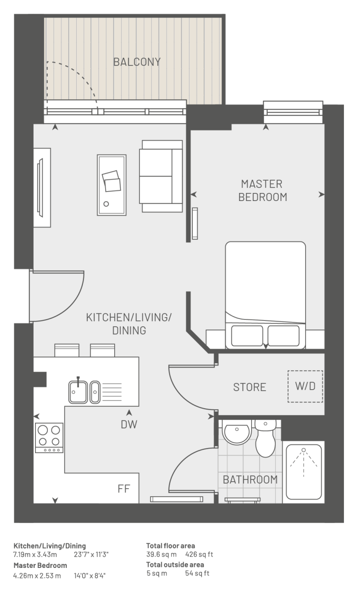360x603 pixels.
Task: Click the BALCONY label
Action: pyautogui.click(x=137, y=62)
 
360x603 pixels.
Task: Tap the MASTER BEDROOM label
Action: pyautogui.click(x=262, y=191)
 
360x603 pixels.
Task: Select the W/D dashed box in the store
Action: pyautogui.click(x=305, y=386)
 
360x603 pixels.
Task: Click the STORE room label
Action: pyautogui.click(x=250, y=387)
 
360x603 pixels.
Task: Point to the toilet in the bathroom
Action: pyautogui.click(x=265, y=438)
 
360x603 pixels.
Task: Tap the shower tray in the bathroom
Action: pyautogui.click(x=304, y=472)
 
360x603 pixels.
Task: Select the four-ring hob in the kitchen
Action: pyautogui.click(x=49, y=438)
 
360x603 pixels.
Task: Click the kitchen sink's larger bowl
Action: pyautogui.click(x=78, y=392)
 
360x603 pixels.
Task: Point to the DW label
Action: pyautogui.click(x=129, y=425)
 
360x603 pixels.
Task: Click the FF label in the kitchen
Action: pyautogui.click(x=124, y=489)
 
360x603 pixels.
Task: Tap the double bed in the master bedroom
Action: pyautogui.click(x=265, y=295)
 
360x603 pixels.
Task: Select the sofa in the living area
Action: pyautogui.click(x=161, y=176)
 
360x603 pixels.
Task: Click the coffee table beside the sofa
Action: pyautogui.click(x=112, y=185)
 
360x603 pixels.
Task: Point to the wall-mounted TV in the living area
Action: pyautogui.click(x=40, y=188)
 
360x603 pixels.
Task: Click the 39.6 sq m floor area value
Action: pyautogui.click(x=162, y=554)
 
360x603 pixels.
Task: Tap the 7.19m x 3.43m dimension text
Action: pyautogui.click(x=35, y=555)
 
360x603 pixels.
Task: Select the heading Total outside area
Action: pyautogui.click(x=175, y=565)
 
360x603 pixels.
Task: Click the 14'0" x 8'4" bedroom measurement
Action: pyautogui.click(x=90, y=576)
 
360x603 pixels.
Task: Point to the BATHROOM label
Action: pyautogui.click(x=250, y=479)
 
